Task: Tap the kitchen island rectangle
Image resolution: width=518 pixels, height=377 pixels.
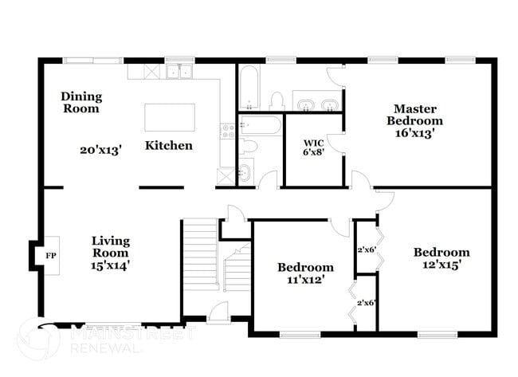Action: coord(169,118)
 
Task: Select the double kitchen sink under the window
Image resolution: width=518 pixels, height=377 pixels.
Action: coord(180,72)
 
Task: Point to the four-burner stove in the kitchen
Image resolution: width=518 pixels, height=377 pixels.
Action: coord(227,132)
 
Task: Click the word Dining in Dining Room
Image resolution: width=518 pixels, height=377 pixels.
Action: coord(81,96)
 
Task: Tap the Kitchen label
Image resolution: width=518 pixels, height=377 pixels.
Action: coord(168,146)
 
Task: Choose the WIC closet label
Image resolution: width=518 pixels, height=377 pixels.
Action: coord(312,143)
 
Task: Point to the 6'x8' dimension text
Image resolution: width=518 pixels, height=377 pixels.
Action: coord(312,154)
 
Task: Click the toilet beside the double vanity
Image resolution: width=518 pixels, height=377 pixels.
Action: coord(277,101)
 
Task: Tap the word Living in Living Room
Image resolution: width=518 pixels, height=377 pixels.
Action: coord(110,241)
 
